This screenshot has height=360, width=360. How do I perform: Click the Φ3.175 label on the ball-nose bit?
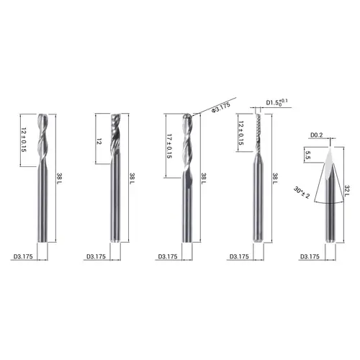pos(221,107)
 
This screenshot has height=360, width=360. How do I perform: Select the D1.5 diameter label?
pos(276,102)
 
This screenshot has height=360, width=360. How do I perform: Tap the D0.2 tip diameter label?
pos(317,135)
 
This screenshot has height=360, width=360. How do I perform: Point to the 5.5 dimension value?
pos(308,155)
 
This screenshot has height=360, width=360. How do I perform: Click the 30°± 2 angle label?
pos(302,193)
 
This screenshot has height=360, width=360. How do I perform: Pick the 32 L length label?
pos(347,191)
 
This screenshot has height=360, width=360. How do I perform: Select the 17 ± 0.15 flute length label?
pos(169,146)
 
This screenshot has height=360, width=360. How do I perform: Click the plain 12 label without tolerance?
pos(99,141)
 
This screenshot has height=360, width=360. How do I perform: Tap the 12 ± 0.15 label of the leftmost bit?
pos(24,140)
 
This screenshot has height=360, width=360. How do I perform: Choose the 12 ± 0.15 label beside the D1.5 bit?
pos(241,133)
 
